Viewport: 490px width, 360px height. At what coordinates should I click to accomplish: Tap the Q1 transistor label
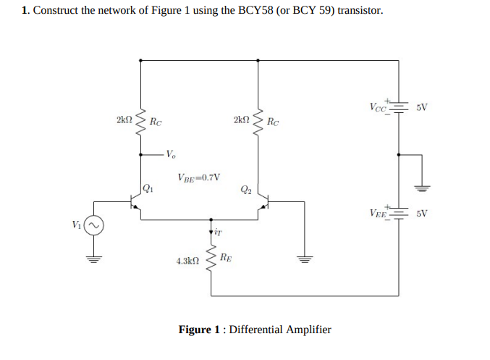pos(148,190)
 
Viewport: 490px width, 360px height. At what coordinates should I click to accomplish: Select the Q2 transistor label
pos(245,191)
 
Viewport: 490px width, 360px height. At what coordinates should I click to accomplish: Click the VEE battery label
pos(379,214)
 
